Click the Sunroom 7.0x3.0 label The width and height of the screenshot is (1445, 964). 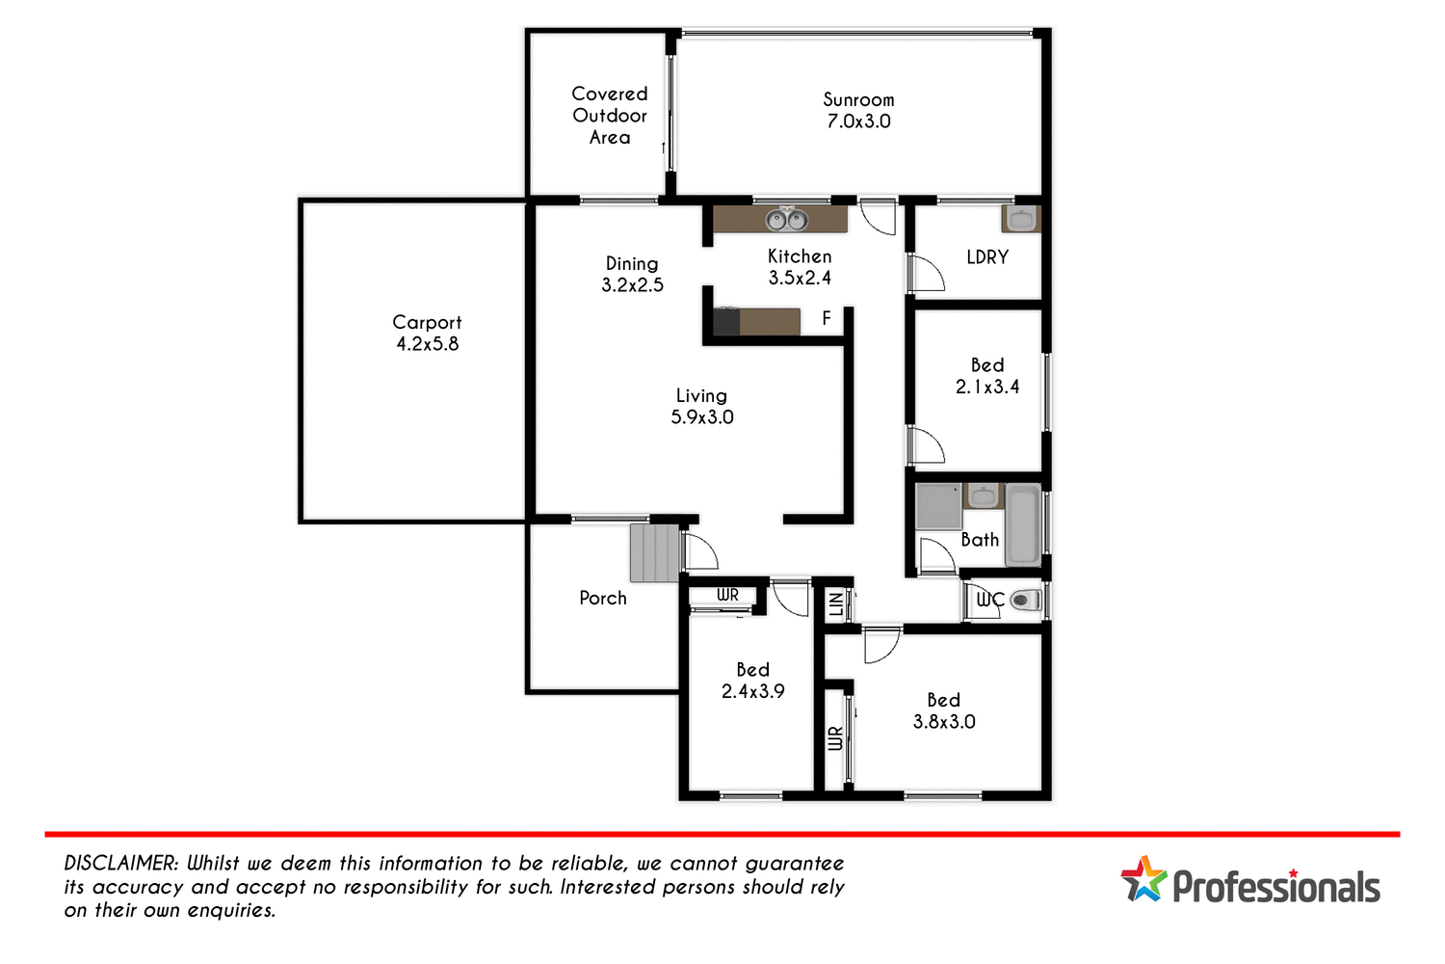[858, 111]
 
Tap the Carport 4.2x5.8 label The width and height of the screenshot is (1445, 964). [427, 333]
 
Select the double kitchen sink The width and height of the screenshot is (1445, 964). [786, 220]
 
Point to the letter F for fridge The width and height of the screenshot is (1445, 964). [827, 318]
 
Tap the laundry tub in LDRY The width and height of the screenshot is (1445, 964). [1020, 219]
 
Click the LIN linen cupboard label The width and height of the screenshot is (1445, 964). [836, 604]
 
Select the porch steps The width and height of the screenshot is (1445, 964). [655, 552]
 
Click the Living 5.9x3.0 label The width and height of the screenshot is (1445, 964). [702, 407]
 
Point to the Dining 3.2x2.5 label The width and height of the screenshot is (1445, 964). [632, 274]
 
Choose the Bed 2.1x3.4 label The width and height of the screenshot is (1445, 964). [987, 376]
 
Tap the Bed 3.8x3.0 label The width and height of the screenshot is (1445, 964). [944, 710]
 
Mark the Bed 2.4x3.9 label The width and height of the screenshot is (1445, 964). [752, 680]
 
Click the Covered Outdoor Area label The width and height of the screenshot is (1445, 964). [610, 116]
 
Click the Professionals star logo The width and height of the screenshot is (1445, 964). [1143, 879]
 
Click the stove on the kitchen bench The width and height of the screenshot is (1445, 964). [726, 321]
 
